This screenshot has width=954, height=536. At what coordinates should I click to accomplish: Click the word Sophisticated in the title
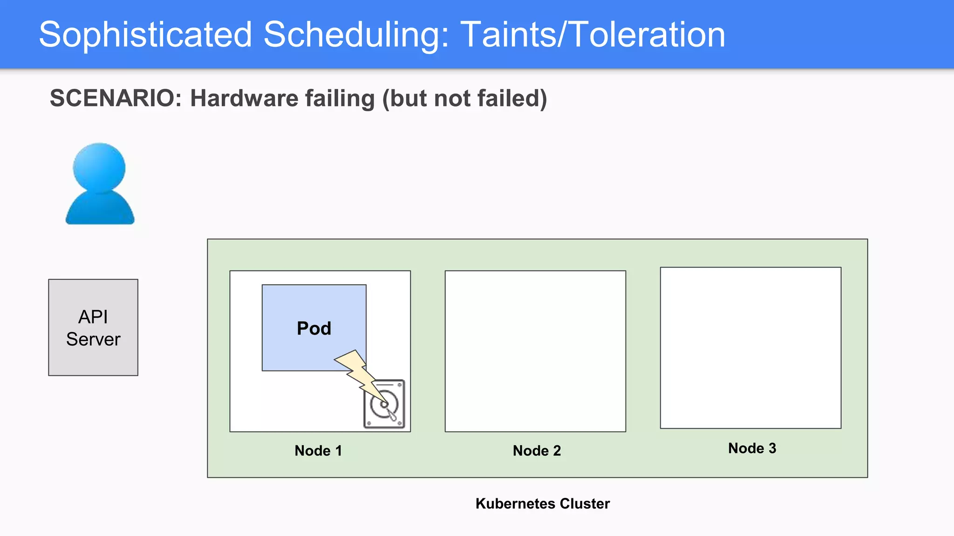[x=145, y=34]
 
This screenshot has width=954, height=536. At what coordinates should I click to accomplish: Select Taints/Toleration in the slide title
[x=593, y=34]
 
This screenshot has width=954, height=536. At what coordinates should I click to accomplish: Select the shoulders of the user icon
[x=100, y=209]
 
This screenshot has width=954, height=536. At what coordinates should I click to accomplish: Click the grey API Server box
[x=93, y=298]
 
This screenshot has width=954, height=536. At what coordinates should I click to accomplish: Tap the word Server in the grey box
[x=93, y=339]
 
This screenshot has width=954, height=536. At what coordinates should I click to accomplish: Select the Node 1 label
[x=319, y=450]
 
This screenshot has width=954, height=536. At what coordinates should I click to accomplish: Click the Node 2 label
[x=537, y=450]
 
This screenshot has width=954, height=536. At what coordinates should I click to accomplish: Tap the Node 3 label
[x=752, y=448]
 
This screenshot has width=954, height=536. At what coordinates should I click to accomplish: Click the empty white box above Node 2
[x=535, y=351]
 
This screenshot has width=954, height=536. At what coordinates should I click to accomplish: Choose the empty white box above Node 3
[x=750, y=348]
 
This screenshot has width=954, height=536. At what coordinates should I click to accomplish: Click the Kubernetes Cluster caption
[x=543, y=503]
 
